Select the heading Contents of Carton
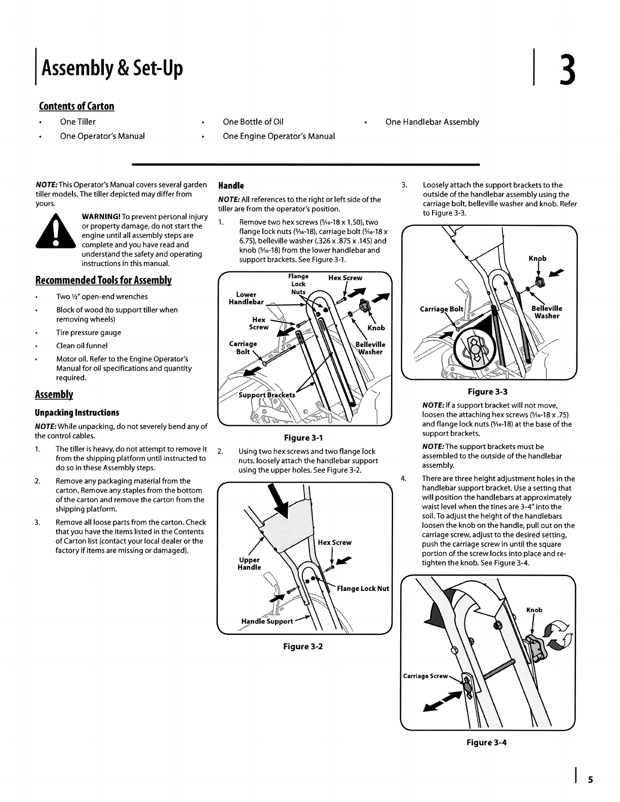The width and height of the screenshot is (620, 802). coord(76,106)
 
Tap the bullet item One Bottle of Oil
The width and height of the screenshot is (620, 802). coord(253,122)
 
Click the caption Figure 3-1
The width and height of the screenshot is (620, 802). coord(304,437)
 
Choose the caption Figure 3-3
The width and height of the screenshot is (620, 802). coord(487,391)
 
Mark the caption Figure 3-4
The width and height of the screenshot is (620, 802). coord(486,742)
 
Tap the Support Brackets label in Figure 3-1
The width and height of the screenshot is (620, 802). coord(267,395)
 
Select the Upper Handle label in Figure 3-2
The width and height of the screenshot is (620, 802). coord(249,564)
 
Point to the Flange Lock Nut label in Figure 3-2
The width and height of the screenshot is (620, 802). coord(363,588)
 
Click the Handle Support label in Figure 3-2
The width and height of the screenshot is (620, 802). coord(267,621)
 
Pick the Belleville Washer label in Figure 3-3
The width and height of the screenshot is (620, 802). coord(547,312)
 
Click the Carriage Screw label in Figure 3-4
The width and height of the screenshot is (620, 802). coord(425,676)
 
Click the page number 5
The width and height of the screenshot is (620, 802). coord(590,780)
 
